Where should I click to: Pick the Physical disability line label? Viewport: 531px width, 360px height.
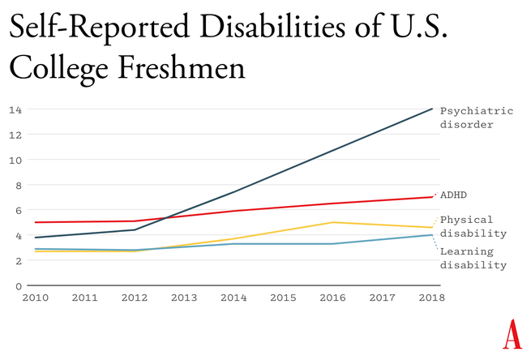[473, 226]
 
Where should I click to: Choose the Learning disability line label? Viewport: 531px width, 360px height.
[473, 258]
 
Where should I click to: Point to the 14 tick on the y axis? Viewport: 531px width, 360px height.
[15, 109]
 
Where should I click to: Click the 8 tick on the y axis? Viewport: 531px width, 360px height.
[18, 185]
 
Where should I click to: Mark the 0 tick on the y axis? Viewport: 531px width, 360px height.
[18, 285]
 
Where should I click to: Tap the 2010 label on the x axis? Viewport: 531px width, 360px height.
[35, 298]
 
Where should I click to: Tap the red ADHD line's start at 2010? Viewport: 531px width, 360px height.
[34, 222]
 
